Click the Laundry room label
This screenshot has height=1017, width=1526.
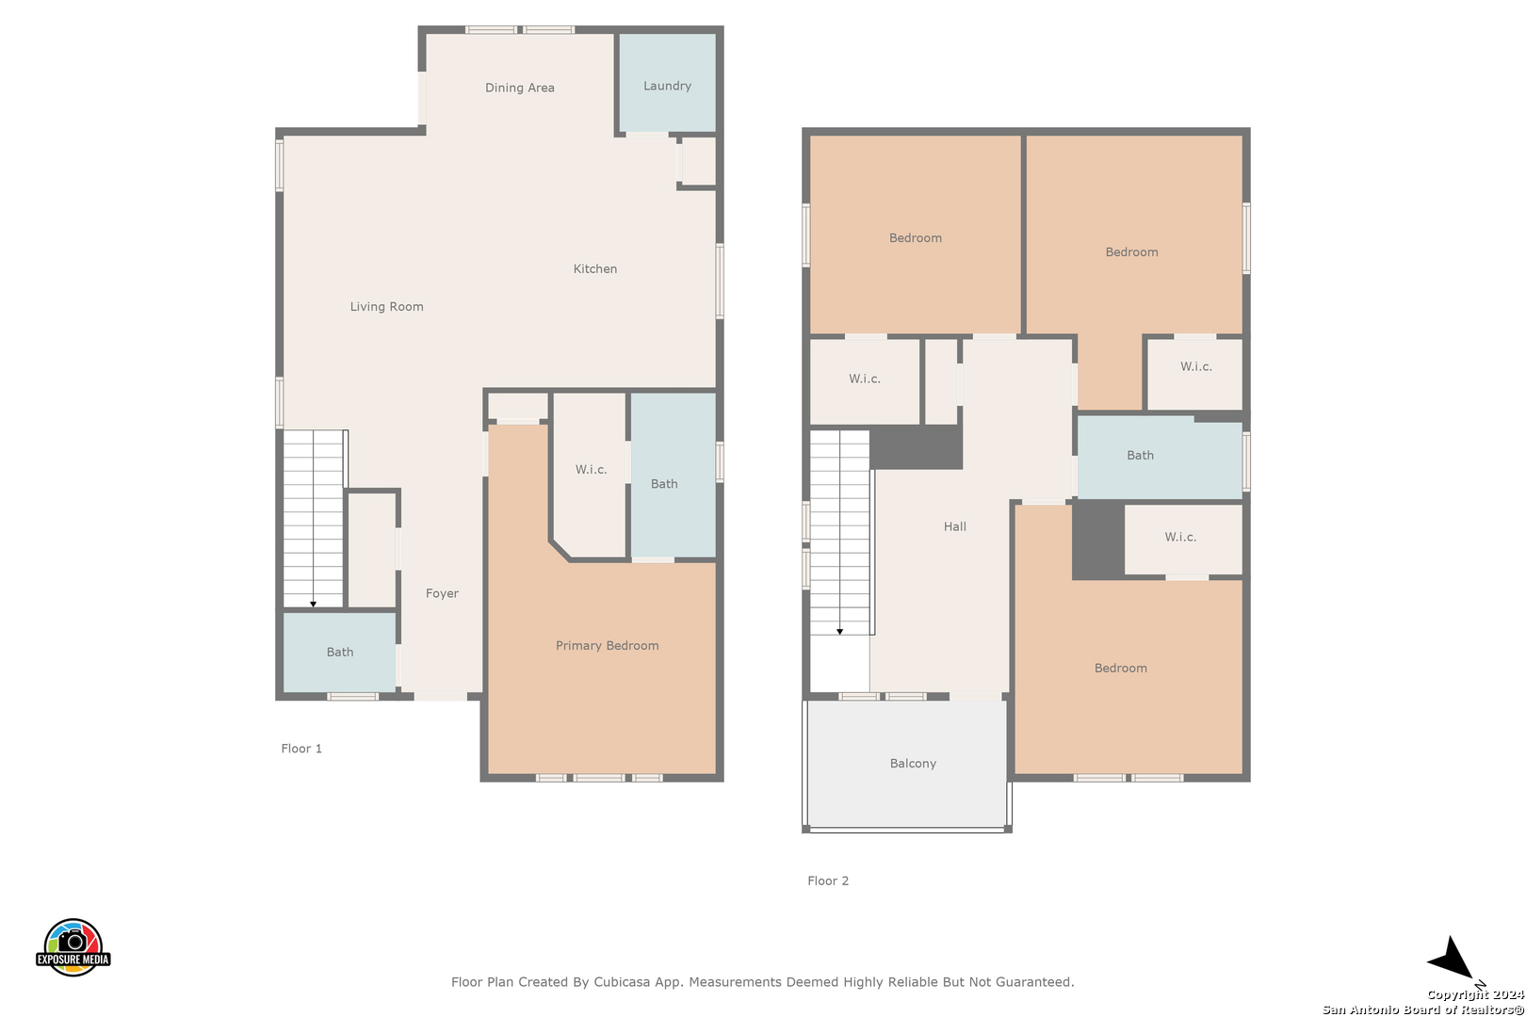[667, 86]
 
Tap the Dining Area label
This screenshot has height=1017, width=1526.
[520, 88]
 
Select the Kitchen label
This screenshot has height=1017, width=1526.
[594, 269]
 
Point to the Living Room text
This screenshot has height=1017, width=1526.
[387, 307]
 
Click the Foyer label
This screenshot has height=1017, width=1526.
[442, 594]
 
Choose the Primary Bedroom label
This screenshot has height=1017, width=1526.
[607, 646]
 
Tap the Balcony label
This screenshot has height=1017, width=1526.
[913, 764]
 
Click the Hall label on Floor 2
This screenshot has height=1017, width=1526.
[955, 526]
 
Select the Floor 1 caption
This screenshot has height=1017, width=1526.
[301, 749]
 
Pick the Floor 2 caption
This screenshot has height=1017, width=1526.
[828, 880]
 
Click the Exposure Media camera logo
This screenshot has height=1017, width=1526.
[73, 947]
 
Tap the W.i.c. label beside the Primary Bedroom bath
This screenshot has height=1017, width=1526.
[591, 469]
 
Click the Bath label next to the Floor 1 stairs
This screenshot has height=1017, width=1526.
[340, 653]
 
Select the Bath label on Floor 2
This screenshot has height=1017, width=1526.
[1140, 456]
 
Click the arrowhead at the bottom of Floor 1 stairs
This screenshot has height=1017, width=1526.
[314, 605]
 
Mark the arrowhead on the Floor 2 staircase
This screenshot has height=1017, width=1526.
[840, 632]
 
